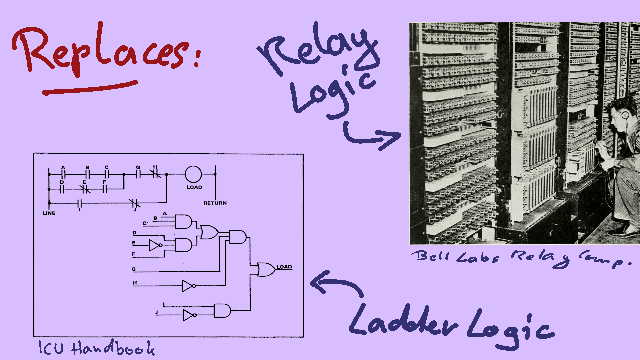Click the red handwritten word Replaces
[103, 50]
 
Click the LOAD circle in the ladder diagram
[193, 174]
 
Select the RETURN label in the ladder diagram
[215, 203]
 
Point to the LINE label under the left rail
[49, 213]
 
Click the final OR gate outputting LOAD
[266, 270]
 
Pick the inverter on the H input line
[188, 286]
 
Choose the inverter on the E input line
[155, 245]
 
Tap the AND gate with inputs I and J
[222, 310]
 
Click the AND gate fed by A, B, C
[183, 221]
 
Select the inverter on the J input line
[188, 315]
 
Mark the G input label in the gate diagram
[134, 269]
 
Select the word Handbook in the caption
[113, 348]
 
